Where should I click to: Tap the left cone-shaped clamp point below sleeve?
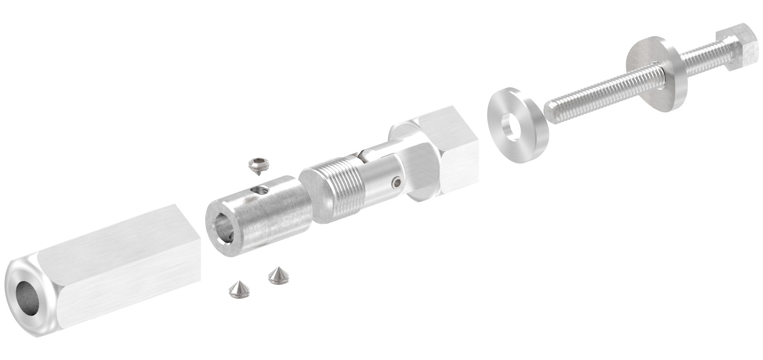click(238, 289)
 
